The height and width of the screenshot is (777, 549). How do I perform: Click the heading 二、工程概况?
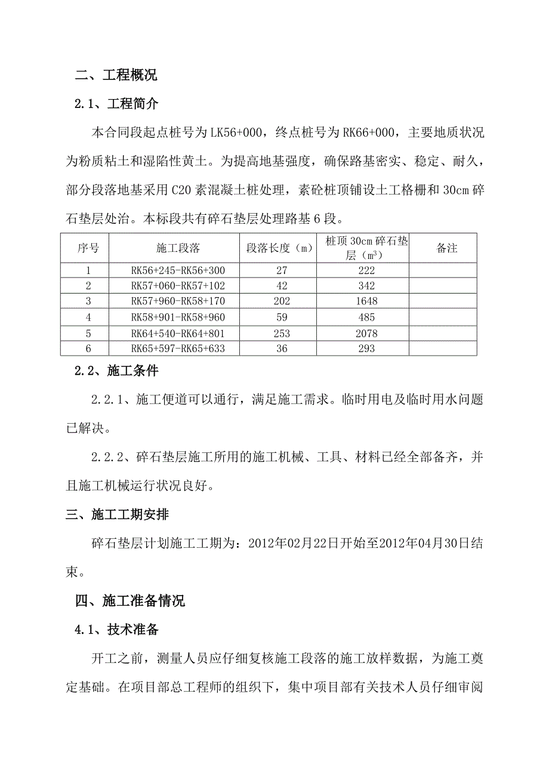pos(116,76)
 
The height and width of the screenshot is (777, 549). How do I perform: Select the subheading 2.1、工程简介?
pos(116,104)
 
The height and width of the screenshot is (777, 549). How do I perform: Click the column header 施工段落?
pos(178,248)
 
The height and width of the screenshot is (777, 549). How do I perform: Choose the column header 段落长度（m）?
pos(280,248)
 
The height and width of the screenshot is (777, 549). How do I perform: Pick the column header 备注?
pos(447,248)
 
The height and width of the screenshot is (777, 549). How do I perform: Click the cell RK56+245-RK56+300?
pos(178,270)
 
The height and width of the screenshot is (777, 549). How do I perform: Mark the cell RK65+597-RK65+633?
pos(178,349)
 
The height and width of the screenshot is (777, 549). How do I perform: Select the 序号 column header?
pos(88,248)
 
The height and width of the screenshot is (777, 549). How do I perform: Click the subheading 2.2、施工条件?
pos(116,371)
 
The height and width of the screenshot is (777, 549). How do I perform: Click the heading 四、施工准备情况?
pos(130,601)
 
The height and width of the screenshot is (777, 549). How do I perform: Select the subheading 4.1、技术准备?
pos(116,630)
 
